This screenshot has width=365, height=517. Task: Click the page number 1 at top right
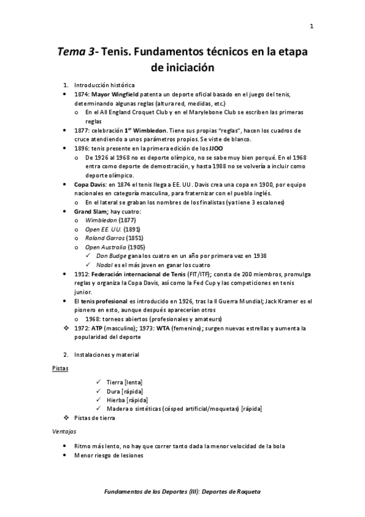pyautogui.click(x=311, y=26)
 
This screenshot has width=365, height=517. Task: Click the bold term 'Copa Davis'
pyautogui.click(x=90, y=184)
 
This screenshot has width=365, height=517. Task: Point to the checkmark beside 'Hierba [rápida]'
pyautogui.click(x=99, y=400)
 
